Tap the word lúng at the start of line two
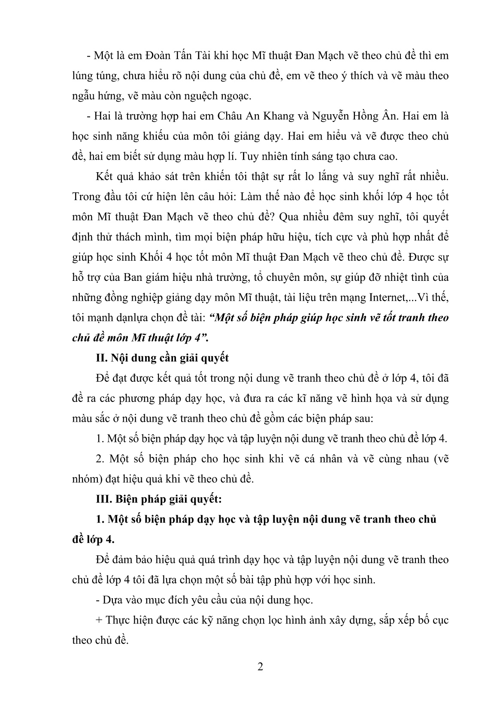tap(82, 76)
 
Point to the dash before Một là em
tap(89, 56)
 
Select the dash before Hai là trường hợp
tap(89, 116)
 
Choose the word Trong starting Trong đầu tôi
tap(86, 197)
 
